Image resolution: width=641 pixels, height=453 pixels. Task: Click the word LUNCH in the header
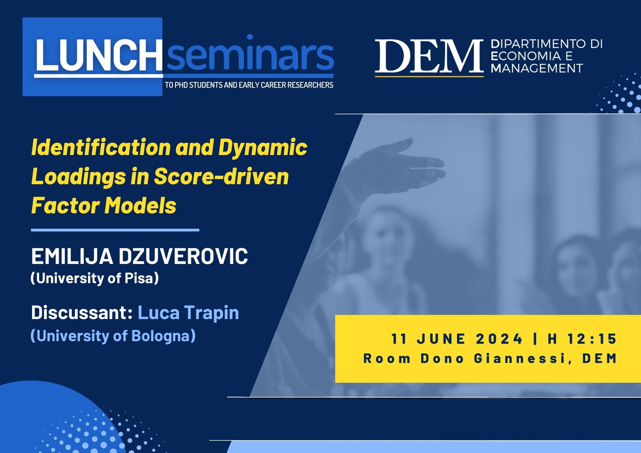click(x=99, y=55)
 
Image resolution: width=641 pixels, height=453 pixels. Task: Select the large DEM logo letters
click(x=429, y=56)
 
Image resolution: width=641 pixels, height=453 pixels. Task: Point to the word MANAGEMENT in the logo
click(x=537, y=68)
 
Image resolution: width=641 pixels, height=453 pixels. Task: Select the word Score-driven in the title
click(x=221, y=177)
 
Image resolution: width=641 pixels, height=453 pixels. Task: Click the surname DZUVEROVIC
click(x=183, y=256)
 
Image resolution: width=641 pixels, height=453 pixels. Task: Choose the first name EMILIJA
click(x=72, y=256)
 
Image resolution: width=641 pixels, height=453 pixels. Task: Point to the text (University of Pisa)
click(x=95, y=278)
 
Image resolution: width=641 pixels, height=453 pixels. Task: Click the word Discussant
click(x=82, y=312)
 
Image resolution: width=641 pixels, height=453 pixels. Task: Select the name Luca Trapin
click(x=188, y=313)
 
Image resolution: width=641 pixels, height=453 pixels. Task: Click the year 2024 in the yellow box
click(x=499, y=339)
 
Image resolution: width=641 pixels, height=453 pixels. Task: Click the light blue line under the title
click(x=115, y=230)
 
